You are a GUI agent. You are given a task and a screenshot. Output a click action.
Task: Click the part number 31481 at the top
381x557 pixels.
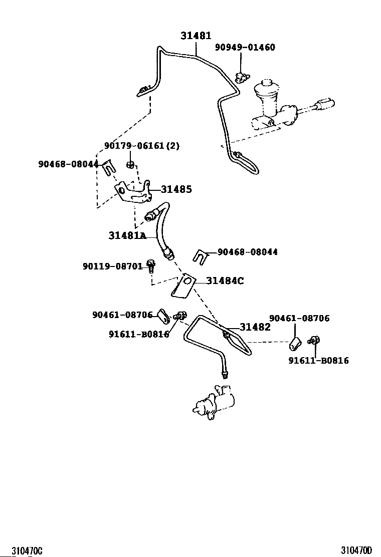(x=196, y=36)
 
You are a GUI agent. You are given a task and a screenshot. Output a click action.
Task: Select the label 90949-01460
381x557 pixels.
(x=245, y=48)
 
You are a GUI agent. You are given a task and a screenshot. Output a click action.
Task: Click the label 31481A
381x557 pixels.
(x=127, y=235)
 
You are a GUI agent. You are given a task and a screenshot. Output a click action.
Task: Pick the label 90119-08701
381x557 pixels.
(x=113, y=266)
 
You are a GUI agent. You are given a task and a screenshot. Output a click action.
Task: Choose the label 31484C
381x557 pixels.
(x=225, y=281)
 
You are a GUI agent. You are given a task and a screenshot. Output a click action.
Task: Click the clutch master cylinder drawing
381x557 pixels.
(x=281, y=108)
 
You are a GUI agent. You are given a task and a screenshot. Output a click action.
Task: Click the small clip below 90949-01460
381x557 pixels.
(x=242, y=76)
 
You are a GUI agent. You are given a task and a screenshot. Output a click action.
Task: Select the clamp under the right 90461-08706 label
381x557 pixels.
(x=295, y=345)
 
